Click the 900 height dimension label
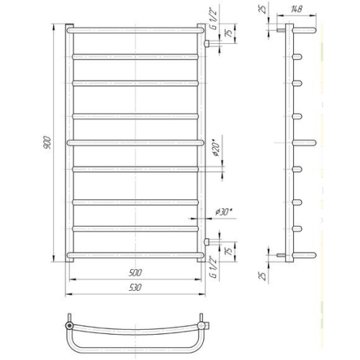(48, 143)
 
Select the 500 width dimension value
(135, 273)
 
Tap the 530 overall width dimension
(135, 287)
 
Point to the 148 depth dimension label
(297, 9)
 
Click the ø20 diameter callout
(216, 150)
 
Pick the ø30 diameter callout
(224, 212)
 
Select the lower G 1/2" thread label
(213, 267)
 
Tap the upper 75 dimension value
(230, 33)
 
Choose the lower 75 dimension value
(230, 251)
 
